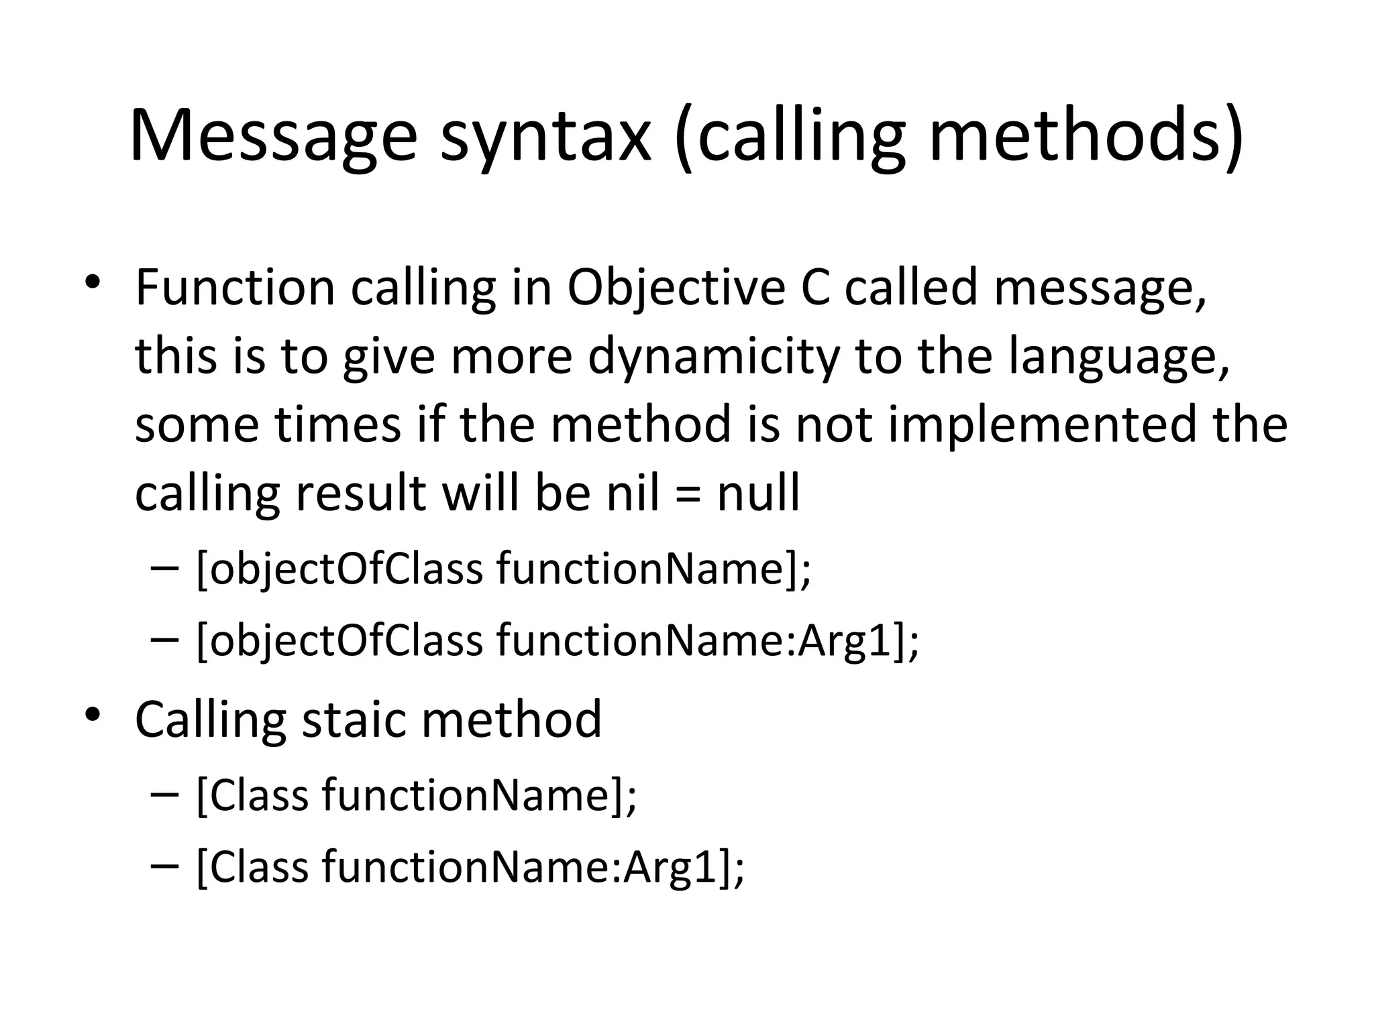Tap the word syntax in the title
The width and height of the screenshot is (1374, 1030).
pos(545,137)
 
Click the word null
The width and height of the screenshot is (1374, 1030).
pos(758,494)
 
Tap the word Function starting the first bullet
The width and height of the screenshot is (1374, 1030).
pos(235,288)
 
